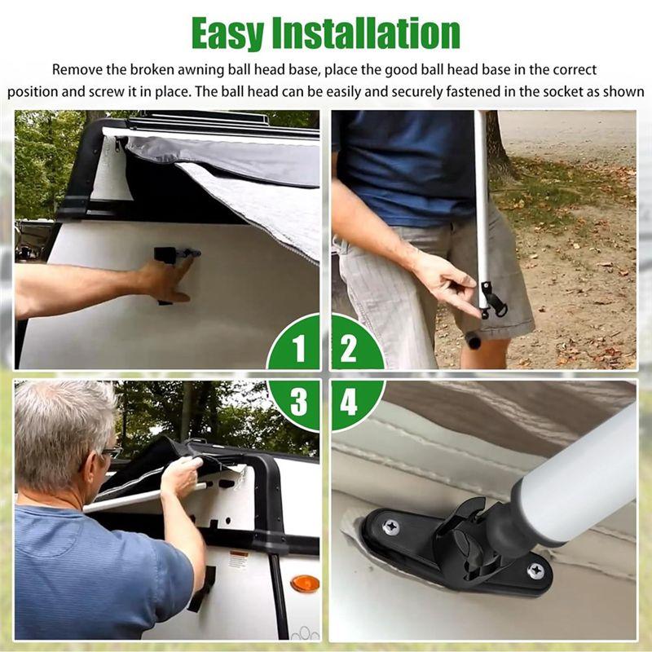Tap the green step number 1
299,349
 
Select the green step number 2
349,349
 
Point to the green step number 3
299,402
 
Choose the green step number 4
349,402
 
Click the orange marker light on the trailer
305,584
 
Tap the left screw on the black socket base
391,527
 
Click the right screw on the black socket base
535,571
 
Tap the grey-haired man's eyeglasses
109,452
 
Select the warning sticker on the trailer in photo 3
239,560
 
